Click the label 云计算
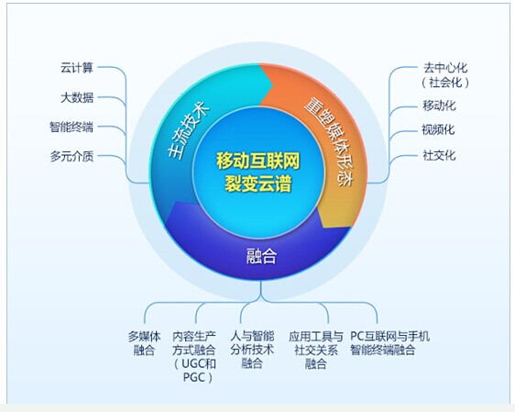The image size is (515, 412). (77, 68)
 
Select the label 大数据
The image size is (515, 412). (77, 97)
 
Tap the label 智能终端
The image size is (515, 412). (71, 127)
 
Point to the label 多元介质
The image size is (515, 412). (71, 156)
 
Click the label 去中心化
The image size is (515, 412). (445, 68)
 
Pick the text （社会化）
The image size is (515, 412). (445, 83)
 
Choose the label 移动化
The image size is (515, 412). (439, 106)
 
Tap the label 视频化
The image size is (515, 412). (438, 130)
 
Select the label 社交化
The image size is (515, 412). (439, 155)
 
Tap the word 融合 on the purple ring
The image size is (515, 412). (261, 256)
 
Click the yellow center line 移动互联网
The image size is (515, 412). (257, 161)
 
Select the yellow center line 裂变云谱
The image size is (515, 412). (257, 184)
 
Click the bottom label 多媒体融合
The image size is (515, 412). (144, 343)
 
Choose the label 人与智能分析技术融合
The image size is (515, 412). (252, 350)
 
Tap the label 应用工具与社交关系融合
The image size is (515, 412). (315, 350)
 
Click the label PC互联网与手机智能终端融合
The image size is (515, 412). (389, 343)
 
